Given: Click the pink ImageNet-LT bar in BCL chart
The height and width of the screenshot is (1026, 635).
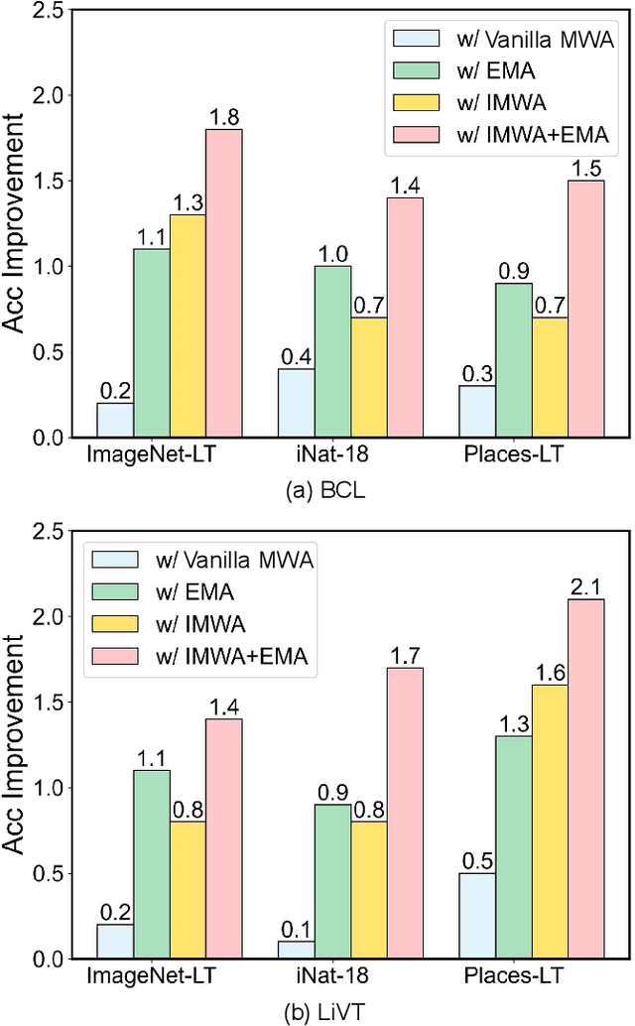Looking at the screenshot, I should coord(223,283).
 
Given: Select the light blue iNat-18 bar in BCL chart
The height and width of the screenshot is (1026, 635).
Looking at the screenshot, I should coord(296,403).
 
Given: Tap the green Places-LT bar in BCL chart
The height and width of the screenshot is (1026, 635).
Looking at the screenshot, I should coord(513,360).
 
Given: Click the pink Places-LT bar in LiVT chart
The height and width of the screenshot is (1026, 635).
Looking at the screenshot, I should coord(585,779).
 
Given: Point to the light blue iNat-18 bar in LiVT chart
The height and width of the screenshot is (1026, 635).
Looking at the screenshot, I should coord(296,950).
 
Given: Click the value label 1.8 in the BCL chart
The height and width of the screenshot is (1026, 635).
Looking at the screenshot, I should coord(224,118).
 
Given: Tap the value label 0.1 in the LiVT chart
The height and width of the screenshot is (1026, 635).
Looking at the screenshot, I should coord(296,930).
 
